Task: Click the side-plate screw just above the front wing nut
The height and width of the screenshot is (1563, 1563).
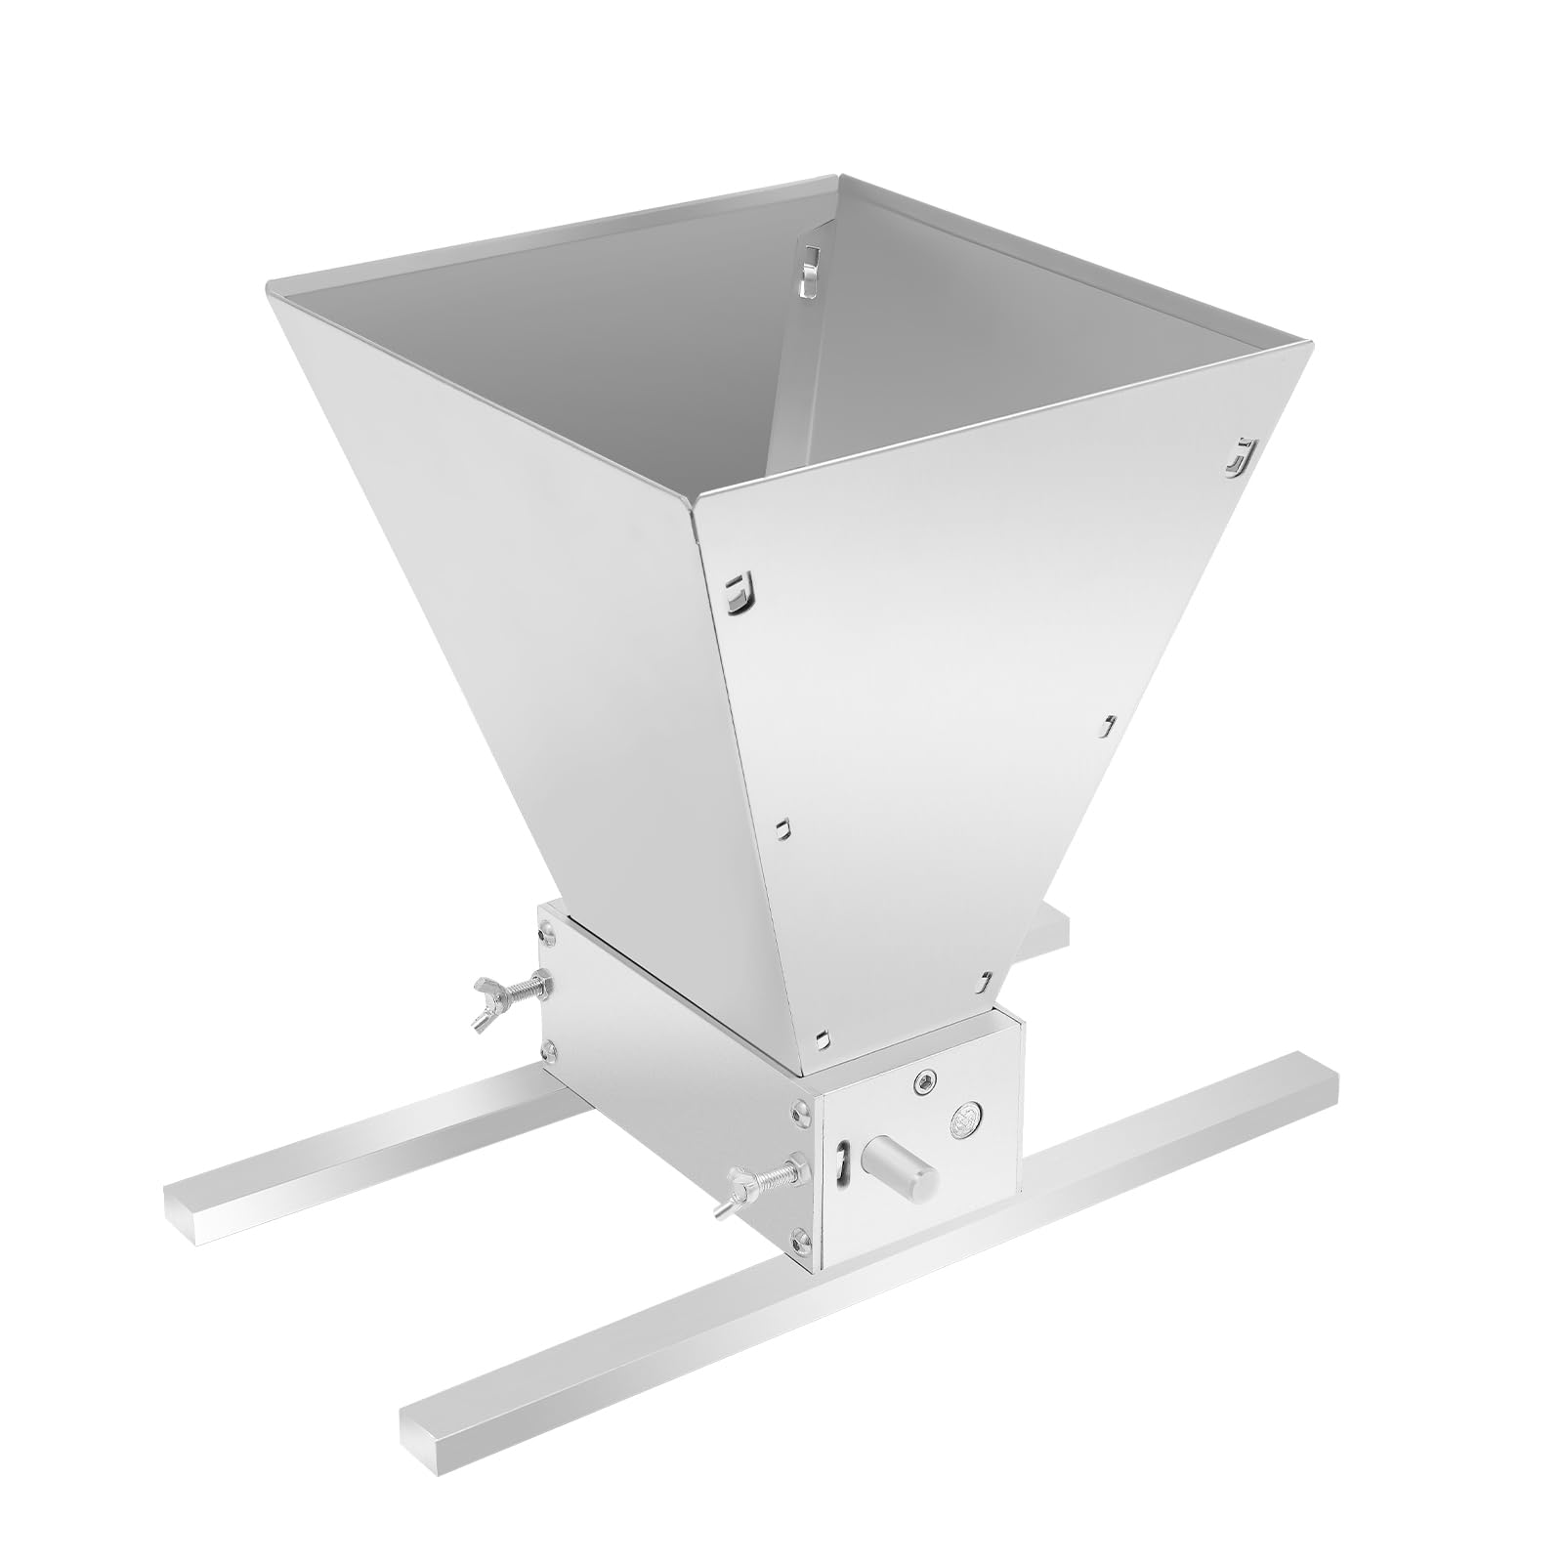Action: pyautogui.click(x=801, y=1109)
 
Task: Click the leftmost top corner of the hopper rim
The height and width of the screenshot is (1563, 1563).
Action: pyautogui.click(x=270, y=285)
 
